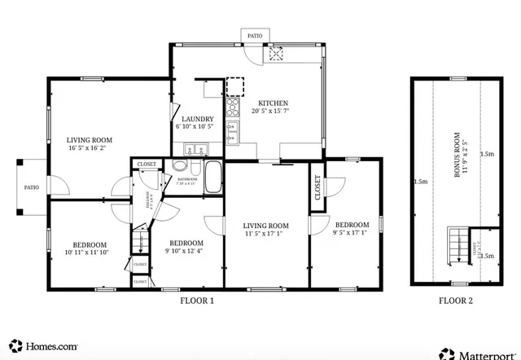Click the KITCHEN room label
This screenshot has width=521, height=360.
click(x=274, y=103)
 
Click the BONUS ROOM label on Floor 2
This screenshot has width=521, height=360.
click(x=458, y=154)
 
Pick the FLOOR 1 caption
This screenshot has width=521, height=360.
click(x=196, y=301)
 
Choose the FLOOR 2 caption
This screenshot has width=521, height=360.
click(x=455, y=301)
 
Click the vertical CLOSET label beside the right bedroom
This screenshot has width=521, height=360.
click(x=317, y=187)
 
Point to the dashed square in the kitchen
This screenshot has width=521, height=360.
click(x=235, y=87)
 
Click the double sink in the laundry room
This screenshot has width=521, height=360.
click(x=195, y=149)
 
